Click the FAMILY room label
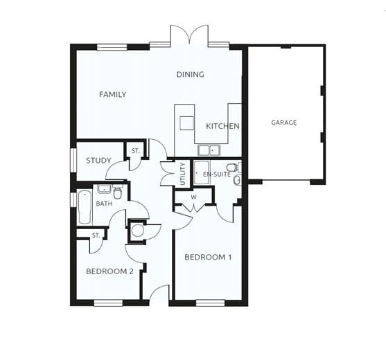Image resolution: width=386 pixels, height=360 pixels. click(112, 94)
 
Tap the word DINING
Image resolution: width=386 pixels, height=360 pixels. click(190, 75)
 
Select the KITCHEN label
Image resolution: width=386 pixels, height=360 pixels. click(222, 126)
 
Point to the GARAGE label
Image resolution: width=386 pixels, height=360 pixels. click(283, 123)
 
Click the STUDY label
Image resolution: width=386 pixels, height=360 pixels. click(98, 161)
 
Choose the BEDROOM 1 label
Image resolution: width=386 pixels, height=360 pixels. click(208, 257)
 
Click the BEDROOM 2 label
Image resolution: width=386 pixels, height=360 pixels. click(109, 271)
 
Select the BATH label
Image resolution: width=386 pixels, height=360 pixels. click(104, 204)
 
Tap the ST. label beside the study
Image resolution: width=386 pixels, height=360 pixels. click(134, 150)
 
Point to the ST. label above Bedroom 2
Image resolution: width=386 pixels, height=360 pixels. click(96, 235)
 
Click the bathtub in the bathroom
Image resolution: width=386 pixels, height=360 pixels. click(85, 206)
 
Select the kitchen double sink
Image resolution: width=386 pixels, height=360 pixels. click(208, 150)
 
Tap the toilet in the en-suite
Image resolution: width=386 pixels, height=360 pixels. click(232, 167)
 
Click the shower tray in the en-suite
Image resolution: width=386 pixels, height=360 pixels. click(202, 172)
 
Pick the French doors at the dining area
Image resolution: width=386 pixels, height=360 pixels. click(189, 35)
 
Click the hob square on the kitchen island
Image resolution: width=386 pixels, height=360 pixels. click(186, 123)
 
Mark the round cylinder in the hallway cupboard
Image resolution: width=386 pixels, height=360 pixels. click(137, 231)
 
